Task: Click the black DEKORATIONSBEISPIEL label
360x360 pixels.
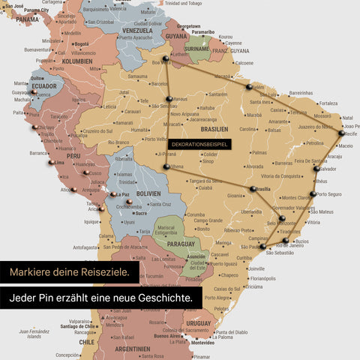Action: click(199, 143)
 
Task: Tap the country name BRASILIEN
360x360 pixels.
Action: click(216, 129)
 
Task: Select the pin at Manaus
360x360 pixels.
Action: click(167, 97)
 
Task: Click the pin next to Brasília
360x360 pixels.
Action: click(253, 188)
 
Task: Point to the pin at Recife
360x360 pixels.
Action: click(342, 133)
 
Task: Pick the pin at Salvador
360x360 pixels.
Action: click(316, 169)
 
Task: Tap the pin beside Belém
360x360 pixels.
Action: click(248, 86)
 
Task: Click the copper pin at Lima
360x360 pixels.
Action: click(51, 161)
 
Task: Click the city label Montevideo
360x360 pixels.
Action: click(207, 343)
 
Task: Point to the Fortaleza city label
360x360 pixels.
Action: click(328, 103)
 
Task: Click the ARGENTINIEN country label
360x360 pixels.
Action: click(133, 349)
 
